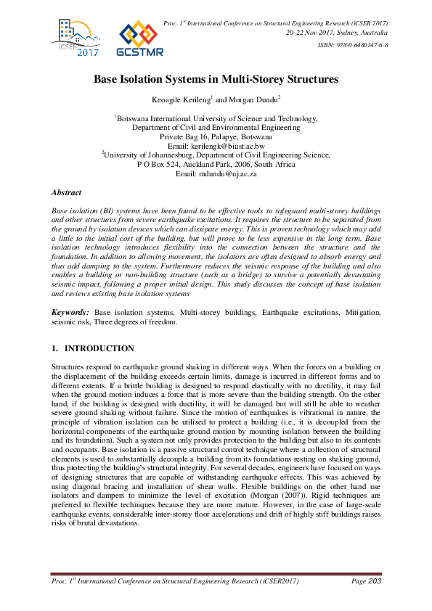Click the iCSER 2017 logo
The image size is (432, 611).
[x=76, y=38]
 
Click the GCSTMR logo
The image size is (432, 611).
[x=139, y=39]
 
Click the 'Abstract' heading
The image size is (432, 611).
[x=66, y=193]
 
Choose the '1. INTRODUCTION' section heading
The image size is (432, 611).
[x=92, y=348]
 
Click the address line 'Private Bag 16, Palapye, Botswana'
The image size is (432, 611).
[x=216, y=136]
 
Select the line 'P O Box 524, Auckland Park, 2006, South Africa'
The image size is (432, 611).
[x=216, y=164]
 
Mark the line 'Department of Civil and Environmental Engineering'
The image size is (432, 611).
[x=216, y=126]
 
